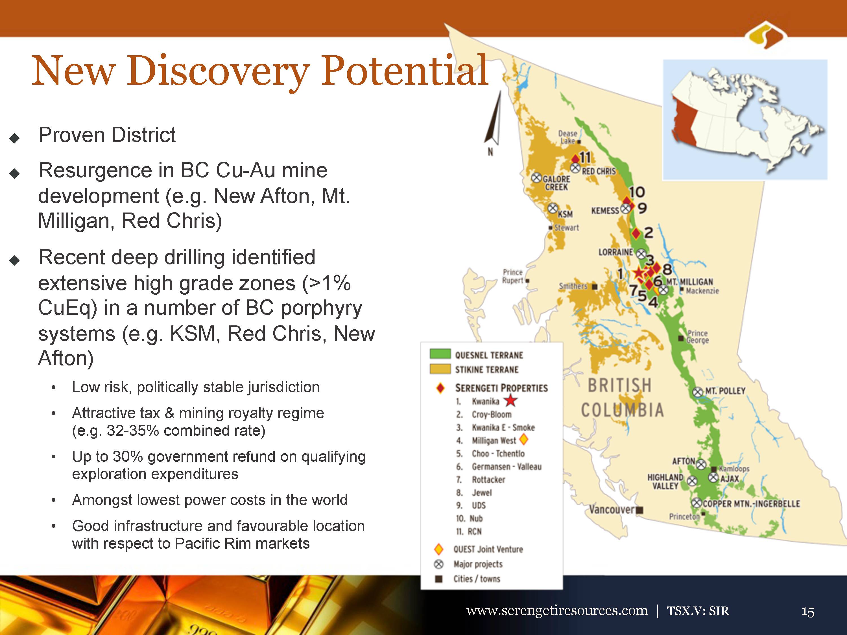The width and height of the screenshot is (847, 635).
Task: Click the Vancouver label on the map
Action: click(612, 509)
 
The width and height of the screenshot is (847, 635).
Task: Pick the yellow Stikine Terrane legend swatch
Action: click(440, 369)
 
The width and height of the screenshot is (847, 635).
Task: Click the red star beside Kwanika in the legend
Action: click(510, 401)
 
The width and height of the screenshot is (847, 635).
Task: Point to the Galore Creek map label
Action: click(556, 183)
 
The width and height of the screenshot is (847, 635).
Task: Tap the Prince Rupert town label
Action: click(513, 276)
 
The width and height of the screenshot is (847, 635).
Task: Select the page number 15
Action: click(808, 612)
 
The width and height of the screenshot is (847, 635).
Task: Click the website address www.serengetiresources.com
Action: click(557, 610)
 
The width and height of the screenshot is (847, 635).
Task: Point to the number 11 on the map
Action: click(585, 157)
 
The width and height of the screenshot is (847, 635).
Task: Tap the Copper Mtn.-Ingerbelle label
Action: click(751, 503)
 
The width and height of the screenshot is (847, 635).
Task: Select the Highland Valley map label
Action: click(665, 481)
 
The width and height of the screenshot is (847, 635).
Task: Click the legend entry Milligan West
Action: click(494, 441)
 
